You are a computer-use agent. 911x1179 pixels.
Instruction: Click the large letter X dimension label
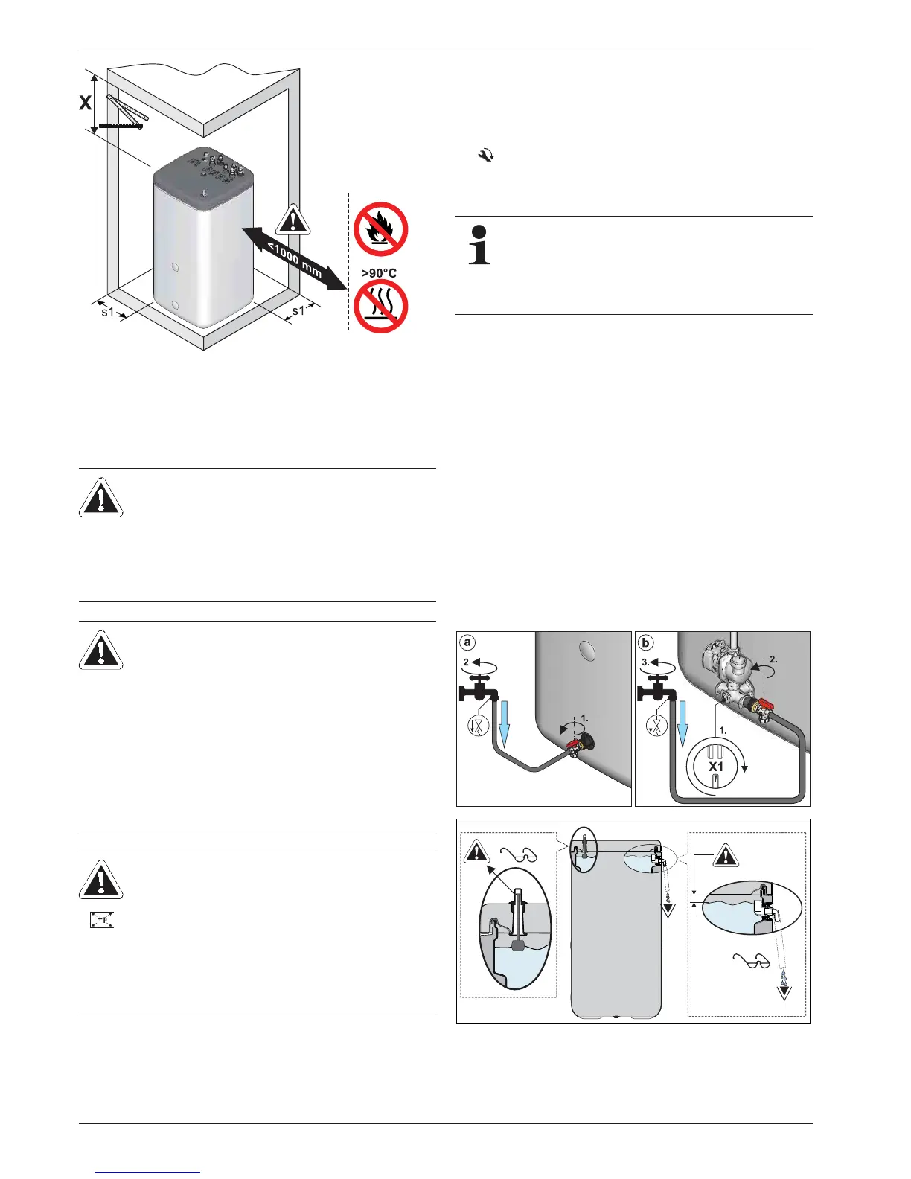pyautogui.click(x=86, y=103)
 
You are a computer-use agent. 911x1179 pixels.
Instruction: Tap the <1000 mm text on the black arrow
pyautogui.click(x=295, y=260)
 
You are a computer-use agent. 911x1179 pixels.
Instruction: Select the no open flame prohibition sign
pyautogui.click(x=380, y=229)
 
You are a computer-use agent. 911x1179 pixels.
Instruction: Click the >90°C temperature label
pyautogui.click(x=379, y=273)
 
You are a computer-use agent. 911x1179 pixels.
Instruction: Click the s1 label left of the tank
pyautogui.click(x=108, y=312)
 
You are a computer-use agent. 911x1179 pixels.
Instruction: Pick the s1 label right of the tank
pyautogui.click(x=298, y=310)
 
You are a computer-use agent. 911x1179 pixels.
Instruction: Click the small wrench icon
pyautogui.click(x=485, y=156)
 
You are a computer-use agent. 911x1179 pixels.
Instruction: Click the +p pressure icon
pyautogui.click(x=101, y=919)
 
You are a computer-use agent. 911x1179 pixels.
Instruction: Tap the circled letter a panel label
pyautogui.click(x=467, y=642)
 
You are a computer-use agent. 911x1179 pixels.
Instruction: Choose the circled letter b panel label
pyautogui.click(x=645, y=642)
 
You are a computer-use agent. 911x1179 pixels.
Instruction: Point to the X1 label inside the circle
pyautogui.click(x=715, y=766)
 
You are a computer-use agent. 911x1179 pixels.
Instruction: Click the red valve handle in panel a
pyautogui.click(x=574, y=744)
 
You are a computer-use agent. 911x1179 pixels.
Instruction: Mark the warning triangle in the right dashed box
pyautogui.click(x=725, y=856)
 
